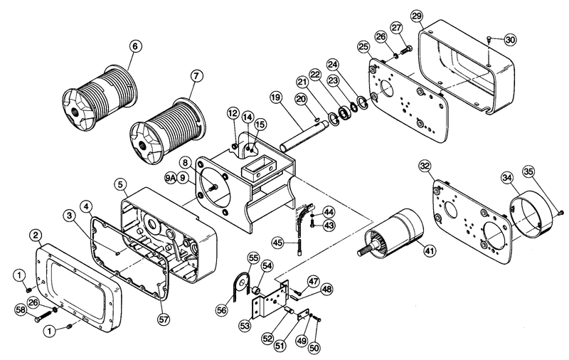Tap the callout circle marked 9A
171,177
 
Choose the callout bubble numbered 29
417,16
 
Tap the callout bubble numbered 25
363,46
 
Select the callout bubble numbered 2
36,235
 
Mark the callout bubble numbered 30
510,40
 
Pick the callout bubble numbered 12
233,114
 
